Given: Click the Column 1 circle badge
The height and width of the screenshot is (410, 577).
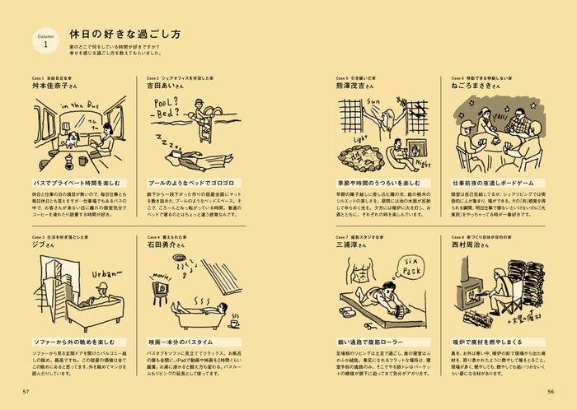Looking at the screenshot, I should pyautogui.click(x=45, y=42).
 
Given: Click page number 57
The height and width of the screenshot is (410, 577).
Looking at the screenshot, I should pyautogui.click(x=26, y=391).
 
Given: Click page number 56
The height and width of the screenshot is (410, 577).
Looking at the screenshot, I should pyautogui.click(x=550, y=391).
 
